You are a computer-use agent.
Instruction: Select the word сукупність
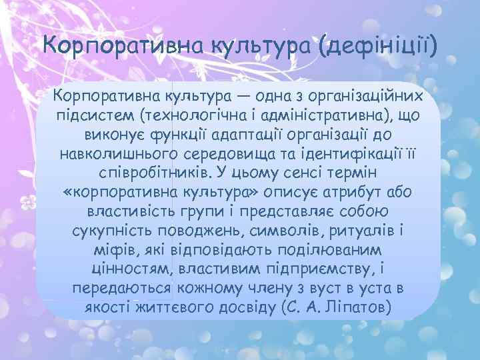[111, 232]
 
